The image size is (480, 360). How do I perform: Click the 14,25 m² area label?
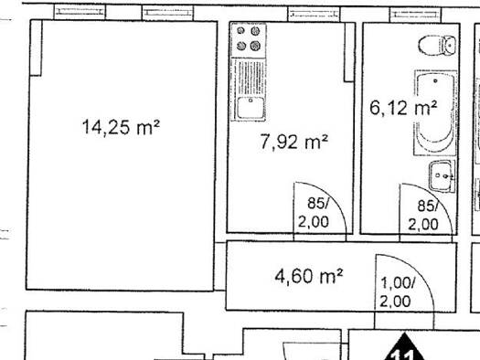tap(122, 128)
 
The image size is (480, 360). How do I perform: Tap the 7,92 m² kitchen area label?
tap(293, 142)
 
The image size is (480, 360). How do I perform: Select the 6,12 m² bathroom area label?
tap(402, 108)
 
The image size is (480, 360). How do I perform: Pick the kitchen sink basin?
tap(249, 108)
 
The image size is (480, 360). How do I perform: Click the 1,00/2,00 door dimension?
tap(397, 293)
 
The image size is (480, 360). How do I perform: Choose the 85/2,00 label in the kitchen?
tap(314, 213)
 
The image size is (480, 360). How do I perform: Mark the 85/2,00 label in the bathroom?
tap(422, 215)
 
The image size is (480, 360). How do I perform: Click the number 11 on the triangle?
tap(403, 353)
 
